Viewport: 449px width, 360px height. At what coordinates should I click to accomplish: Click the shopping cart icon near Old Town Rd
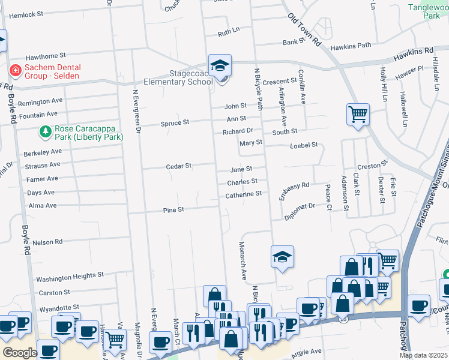358,113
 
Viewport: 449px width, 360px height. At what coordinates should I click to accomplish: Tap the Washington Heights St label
70,277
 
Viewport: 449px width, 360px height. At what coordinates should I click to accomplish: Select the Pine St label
173,210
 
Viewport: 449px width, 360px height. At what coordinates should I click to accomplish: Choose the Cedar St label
178,166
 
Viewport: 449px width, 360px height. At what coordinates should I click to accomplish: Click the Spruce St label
175,122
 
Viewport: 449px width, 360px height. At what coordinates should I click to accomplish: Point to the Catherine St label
243,194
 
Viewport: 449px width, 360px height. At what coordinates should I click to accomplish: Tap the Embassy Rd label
294,191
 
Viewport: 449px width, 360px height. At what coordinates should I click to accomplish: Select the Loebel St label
303,145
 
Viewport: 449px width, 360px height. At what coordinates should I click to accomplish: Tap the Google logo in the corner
20,353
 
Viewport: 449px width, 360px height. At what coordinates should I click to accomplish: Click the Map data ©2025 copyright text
423,355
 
